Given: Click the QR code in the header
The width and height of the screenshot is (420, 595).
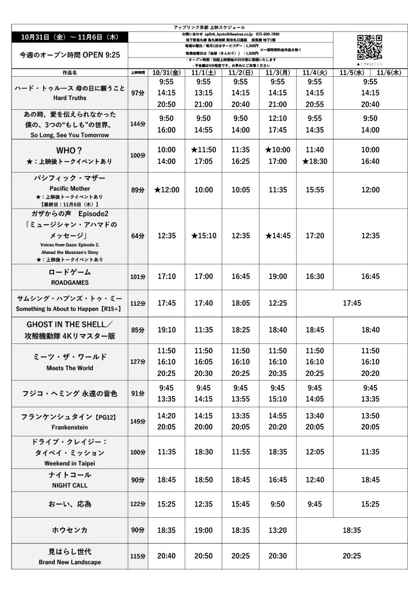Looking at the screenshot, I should tap(369, 48).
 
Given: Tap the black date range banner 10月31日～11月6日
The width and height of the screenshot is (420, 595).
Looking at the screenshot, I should tap(69, 37).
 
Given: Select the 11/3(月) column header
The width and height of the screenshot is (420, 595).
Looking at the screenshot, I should tap(277, 73).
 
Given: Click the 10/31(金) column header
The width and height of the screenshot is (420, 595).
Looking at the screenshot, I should tap(166, 73).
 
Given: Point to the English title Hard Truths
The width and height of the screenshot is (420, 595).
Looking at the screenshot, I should tap(69, 98).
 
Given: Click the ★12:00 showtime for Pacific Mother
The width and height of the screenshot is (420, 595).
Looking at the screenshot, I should tap(166, 190).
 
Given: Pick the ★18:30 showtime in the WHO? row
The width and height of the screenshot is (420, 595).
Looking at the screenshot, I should tap(315, 162).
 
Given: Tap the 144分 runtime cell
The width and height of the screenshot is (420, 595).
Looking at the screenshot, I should tap(138, 124).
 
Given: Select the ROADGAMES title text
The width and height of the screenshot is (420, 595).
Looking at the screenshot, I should tap(69, 283).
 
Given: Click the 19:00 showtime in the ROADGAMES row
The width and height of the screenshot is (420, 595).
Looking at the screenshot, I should tap(277, 277).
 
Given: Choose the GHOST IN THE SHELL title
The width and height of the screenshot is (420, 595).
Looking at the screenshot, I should tap(69, 324).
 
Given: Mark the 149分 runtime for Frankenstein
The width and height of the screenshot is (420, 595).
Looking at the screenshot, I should tap(138, 421).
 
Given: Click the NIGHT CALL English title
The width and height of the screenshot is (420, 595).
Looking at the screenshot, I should tap(69, 486).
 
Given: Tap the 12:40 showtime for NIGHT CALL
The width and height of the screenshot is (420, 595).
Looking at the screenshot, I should tap(315, 479).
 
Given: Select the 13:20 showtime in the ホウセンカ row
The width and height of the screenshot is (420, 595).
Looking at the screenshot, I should tap(277, 531).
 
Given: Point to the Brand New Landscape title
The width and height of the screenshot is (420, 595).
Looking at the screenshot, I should tap(69, 562).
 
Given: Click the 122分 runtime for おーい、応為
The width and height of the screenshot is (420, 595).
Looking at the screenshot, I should tap(138, 504).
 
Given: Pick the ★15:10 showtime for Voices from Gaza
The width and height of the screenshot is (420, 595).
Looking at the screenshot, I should tap(204, 235).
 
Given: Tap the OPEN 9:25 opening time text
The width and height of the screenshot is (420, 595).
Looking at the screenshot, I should tap(100, 55).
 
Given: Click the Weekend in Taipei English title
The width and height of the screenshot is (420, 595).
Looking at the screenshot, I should tap(69, 464).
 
